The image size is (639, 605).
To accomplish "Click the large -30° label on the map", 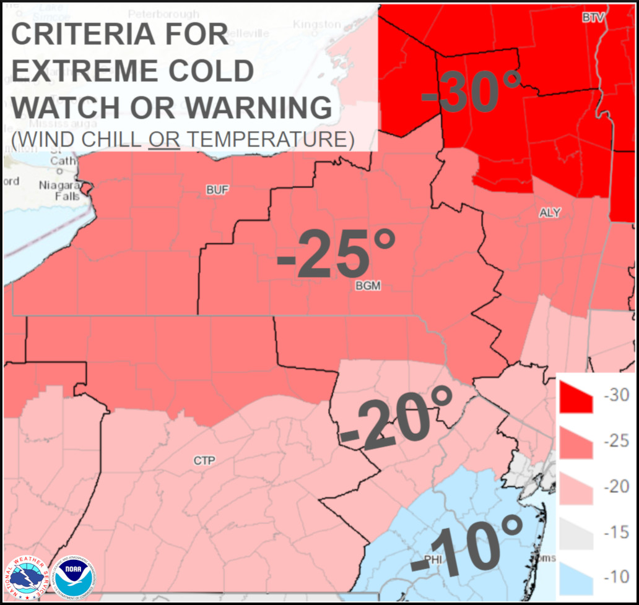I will (471, 92).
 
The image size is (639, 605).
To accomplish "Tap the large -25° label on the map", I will (336, 254).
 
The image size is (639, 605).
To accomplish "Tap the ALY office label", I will (549, 213).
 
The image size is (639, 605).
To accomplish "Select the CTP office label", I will (204, 461).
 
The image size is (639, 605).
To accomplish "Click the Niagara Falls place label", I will (59, 191).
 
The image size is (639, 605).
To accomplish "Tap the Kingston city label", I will (317, 24).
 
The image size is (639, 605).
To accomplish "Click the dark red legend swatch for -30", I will (576, 397).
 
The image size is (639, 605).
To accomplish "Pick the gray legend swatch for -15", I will (576, 533).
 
